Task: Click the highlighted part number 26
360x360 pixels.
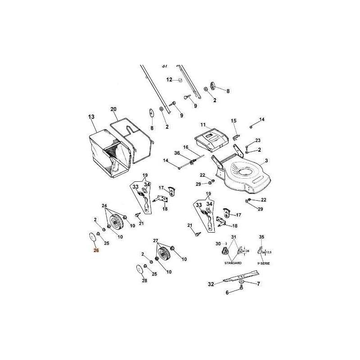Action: [x=96, y=251]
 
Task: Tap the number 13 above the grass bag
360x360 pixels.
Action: [x=91, y=117]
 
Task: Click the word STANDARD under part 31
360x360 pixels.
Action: [x=233, y=262]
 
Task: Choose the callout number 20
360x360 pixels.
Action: [x=113, y=110]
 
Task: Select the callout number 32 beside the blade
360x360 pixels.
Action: [x=211, y=284]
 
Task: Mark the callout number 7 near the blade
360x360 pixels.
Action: [x=258, y=283]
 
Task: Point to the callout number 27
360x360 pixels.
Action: [x=156, y=241]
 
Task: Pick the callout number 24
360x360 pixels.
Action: [x=105, y=206]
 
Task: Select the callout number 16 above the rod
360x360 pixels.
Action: [x=185, y=147]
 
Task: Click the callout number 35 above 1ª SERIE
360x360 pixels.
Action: [x=261, y=237]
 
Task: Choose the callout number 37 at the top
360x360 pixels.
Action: [x=164, y=65]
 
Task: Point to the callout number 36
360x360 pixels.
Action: [x=177, y=153]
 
